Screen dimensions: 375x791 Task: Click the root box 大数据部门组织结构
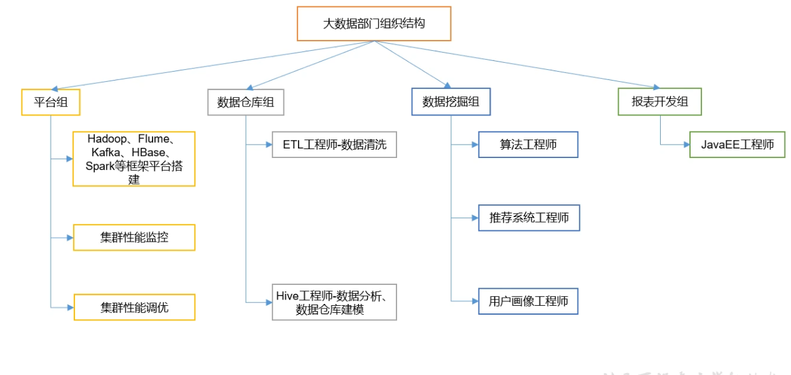pos(374,24)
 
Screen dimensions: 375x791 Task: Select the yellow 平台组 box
pos(51,102)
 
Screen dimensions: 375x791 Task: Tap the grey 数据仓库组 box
pos(245,102)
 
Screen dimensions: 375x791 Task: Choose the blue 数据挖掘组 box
pos(450,102)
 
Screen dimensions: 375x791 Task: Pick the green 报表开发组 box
pos(659,102)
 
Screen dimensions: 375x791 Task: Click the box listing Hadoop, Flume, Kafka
pos(134,159)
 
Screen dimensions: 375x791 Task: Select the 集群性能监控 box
pos(134,237)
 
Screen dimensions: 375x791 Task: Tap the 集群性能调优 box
pos(134,307)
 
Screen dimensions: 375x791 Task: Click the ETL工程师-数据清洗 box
pos(334,145)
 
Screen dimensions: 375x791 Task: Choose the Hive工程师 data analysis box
pos(334,302)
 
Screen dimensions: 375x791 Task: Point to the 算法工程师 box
pos(528,145)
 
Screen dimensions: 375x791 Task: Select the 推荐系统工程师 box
pos(529,218)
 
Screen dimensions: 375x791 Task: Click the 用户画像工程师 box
pos(528,301)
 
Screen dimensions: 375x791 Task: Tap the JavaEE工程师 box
pos(737,145)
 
